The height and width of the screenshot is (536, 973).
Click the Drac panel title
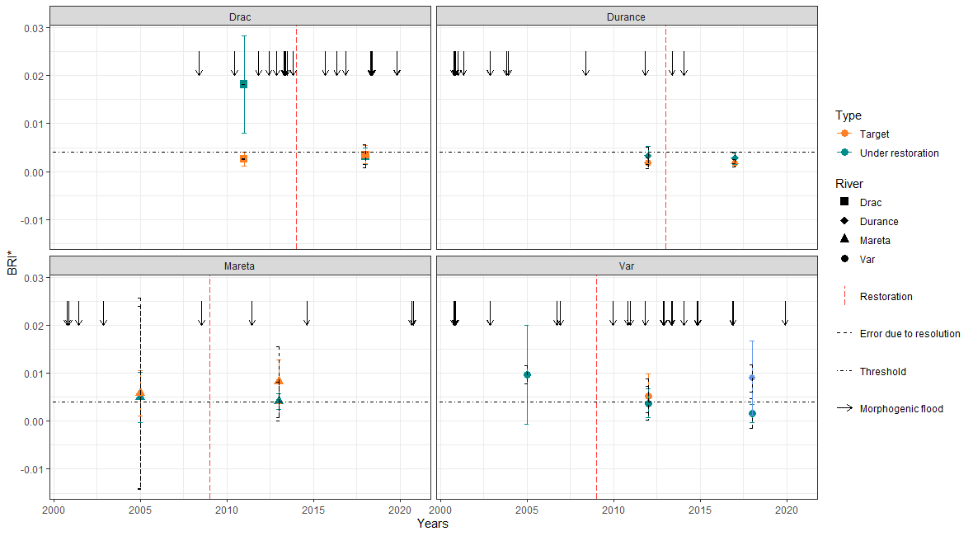[240, 16]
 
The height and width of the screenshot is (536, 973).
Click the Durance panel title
[626, 16]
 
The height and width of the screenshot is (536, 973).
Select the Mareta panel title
[240, 266]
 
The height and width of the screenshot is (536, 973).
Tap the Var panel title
[626, 266]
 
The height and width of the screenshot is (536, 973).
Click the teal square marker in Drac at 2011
[243, 84]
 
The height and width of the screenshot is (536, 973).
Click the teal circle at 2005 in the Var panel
[527, 374]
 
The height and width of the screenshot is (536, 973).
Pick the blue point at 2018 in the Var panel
[751, 378]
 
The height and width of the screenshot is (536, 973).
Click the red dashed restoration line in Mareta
[210, 388]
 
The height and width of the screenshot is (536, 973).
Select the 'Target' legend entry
[874, 134]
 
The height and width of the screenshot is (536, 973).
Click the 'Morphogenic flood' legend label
[900, 409]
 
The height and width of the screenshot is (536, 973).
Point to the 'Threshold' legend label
[882, 372]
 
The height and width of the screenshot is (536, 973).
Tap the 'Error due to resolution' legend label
[910, 334]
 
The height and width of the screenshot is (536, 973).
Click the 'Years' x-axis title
[433, 523]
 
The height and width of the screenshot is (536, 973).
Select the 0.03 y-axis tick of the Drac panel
[33, 27]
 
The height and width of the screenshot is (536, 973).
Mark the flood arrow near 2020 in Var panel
[785, 313]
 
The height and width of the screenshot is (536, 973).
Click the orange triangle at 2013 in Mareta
[279, 381]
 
